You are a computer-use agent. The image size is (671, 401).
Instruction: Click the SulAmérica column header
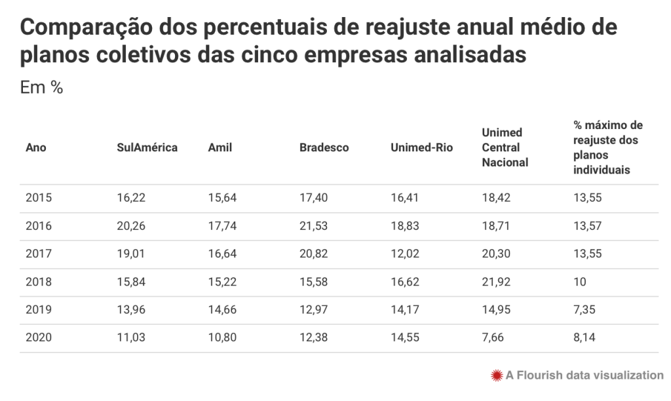tap(147, 147)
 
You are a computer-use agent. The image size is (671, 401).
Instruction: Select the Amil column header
tap(220, 147)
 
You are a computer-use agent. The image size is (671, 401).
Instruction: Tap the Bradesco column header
tap(324, 147)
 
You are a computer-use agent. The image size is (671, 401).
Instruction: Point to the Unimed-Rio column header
tap(421, 147)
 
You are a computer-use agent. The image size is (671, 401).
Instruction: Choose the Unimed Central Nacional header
tap(505, 147)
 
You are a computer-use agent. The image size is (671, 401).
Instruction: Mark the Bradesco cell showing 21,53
tap(313, 226)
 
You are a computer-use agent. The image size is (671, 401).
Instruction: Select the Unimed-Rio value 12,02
tap(404, 254)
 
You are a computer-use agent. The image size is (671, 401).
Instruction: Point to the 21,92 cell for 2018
tap(495, 282)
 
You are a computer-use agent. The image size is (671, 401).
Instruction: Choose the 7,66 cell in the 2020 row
tap(492, 338)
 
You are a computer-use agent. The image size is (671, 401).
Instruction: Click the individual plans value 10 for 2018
tap(579, 282)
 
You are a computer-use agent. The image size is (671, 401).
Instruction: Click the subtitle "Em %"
tap(41, 88)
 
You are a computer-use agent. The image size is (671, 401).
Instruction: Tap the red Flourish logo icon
tap(497, 375)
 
